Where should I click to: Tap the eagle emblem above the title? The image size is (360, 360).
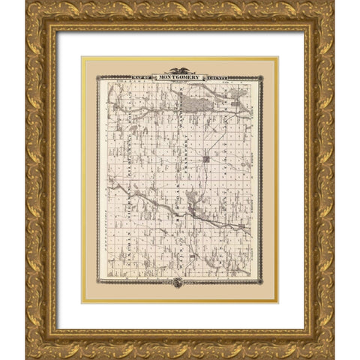(x=180, y=70)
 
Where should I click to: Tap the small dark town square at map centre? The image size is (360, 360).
(x=205, y=158)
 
